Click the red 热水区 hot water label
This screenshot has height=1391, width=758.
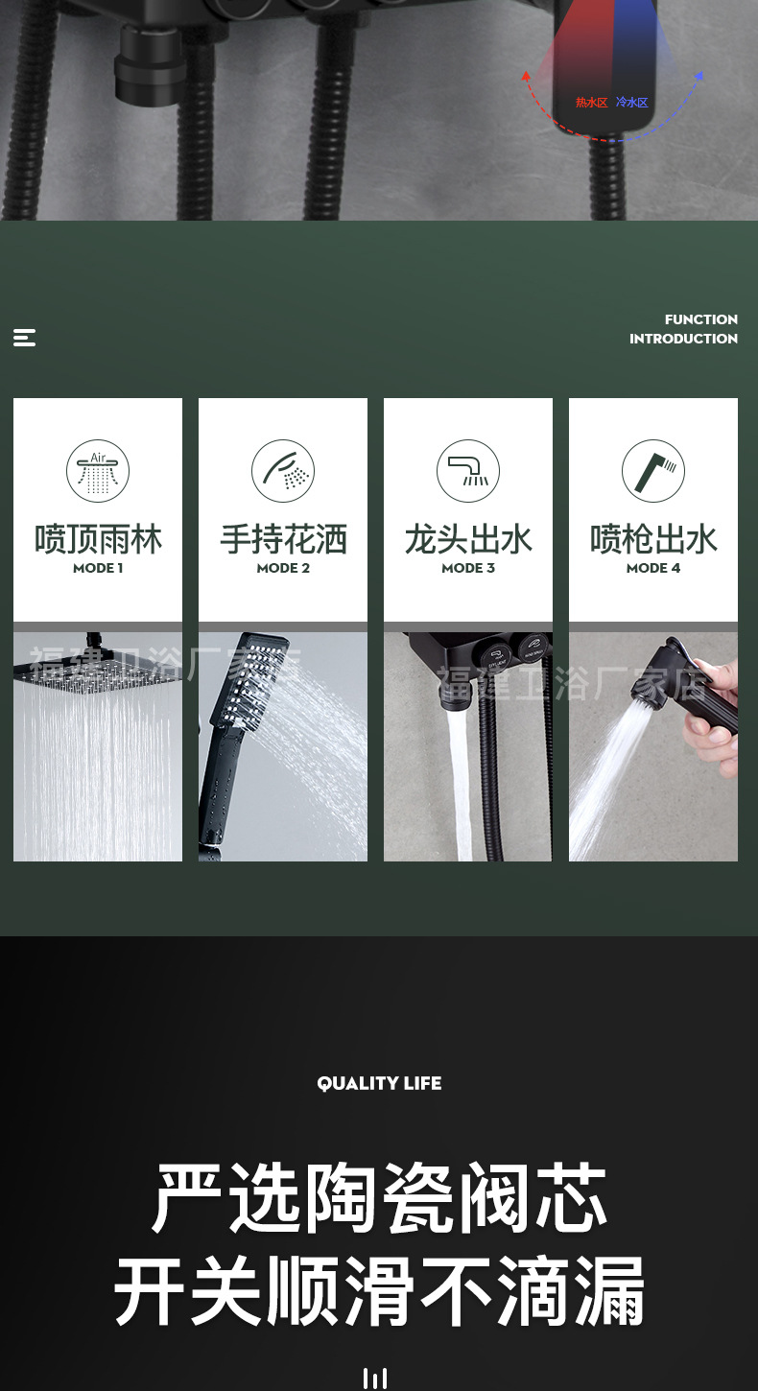tap(591, 103)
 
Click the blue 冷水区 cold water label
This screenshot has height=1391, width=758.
tap(632, 103)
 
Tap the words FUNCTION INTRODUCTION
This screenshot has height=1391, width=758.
tap(683, 329)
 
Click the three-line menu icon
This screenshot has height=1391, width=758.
tap(25, 338)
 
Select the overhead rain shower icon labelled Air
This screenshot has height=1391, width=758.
tap(98, 471)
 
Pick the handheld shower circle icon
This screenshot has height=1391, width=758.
tap(283, 471)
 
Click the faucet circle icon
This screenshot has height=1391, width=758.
tap(468, 471)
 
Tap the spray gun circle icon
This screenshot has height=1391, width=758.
tap(653, 471)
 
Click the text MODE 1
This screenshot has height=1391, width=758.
tap(98, 568)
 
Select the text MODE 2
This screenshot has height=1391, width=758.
tap(283, 568)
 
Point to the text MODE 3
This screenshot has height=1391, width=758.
tap(468, 568)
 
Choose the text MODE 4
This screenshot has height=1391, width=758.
tap(653, 568)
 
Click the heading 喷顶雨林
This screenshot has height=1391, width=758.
tap(98, 539)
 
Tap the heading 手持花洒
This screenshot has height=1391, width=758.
tap(283, 539)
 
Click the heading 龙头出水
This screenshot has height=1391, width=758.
tap(468, 539)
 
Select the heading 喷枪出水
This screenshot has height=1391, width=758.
tap(653, 539)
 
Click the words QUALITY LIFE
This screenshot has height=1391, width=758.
tap(379, 1083)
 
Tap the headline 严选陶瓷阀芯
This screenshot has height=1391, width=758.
tap(379, 1199)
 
